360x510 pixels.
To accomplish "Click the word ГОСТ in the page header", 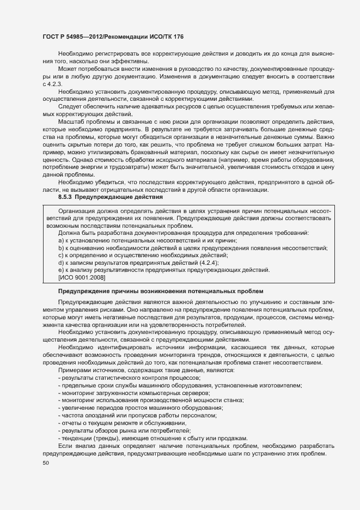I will click(51, 37).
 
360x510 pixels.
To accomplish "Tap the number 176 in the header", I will click(178, 37).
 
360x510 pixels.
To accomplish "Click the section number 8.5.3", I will click(68, 197).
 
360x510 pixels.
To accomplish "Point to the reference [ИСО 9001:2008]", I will click(82, 277).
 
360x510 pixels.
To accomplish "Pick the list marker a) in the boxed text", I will click(61, 240).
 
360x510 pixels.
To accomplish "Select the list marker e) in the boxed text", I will click(61, 270).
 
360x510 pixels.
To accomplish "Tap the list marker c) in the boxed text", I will click(61, 255).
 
